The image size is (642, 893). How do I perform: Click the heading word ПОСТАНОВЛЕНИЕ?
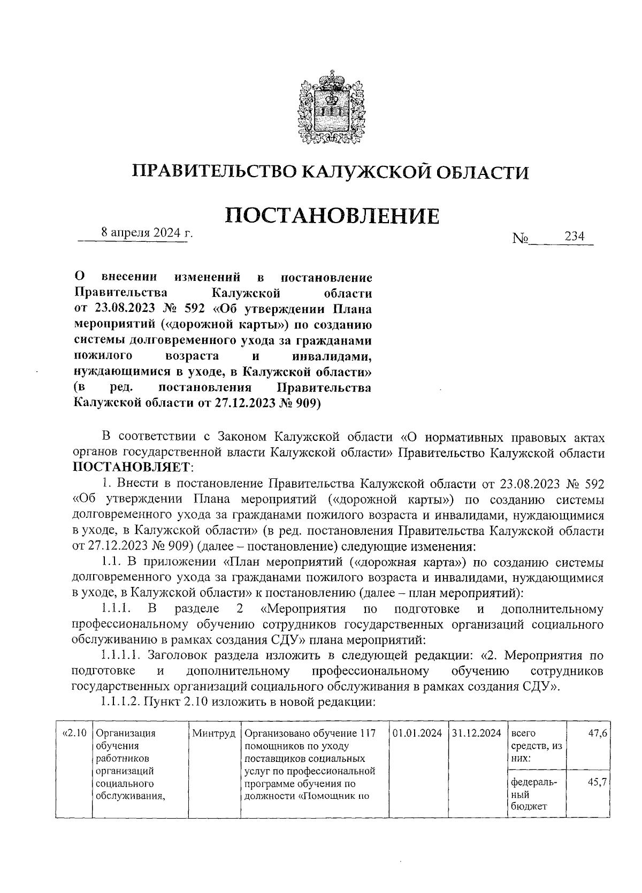[332, 216]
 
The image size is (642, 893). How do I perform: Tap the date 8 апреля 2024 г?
[147, 233]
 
